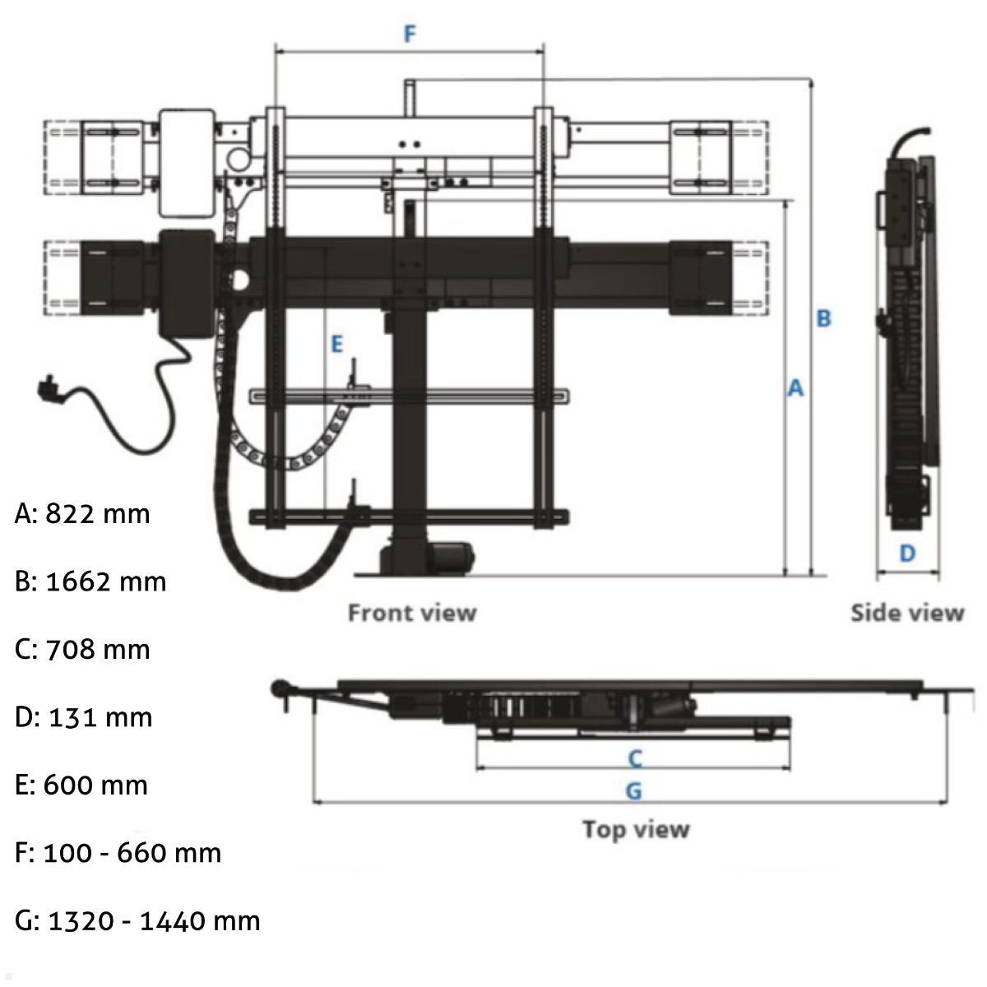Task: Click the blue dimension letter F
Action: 410,34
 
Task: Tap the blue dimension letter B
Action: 823,318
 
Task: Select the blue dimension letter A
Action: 795,388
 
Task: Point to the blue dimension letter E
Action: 336,344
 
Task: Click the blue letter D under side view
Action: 906,554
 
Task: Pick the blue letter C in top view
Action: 634,758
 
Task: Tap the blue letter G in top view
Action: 633,791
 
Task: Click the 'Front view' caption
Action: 412,613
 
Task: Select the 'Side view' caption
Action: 906,613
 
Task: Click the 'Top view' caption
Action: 635,829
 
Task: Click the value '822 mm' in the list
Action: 98,514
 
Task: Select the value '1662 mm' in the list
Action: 106,582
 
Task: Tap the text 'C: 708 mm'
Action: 82,650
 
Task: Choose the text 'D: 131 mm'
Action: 83,717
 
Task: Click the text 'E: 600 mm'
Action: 81,785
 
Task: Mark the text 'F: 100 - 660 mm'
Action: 118,853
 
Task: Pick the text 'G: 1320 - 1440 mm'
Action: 137,920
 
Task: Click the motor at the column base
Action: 450,558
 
